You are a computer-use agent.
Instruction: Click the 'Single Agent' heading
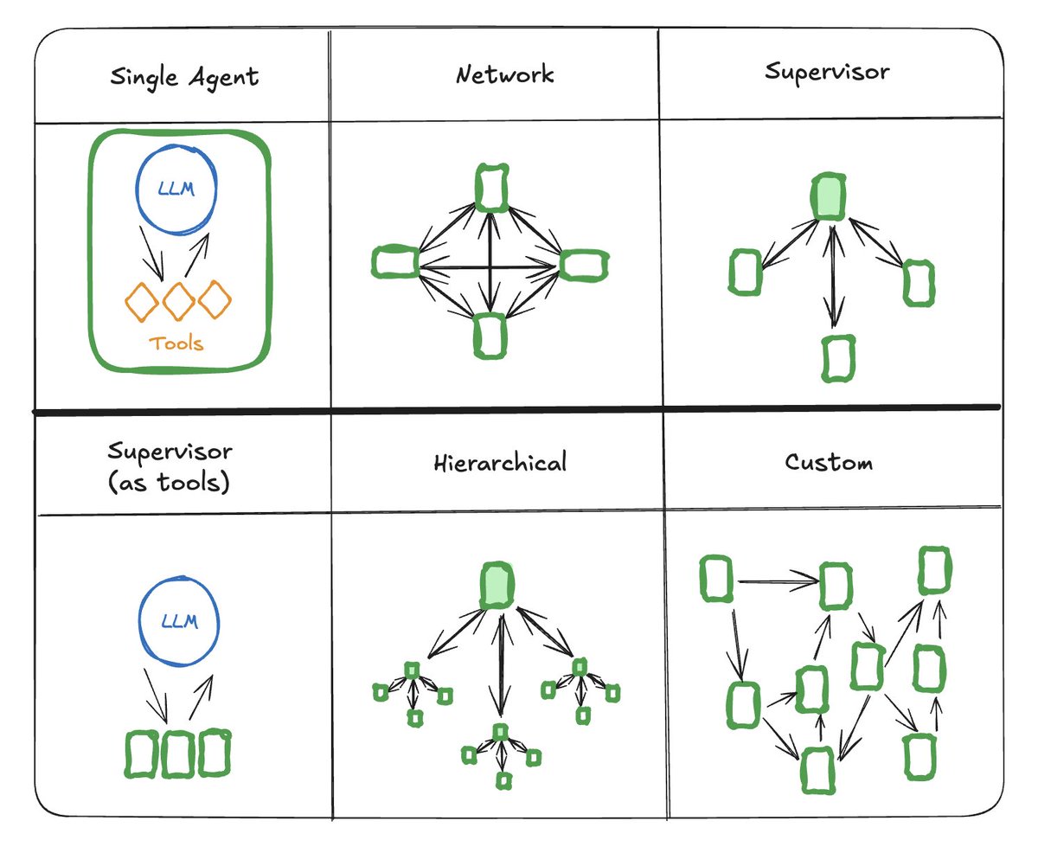coord(183,77)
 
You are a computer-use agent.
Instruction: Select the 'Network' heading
coord(505,74)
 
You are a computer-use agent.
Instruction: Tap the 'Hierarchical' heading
coord(500,463)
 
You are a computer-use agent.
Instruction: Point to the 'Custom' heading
coord(829,462)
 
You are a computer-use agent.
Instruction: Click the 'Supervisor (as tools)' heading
coord(170,467)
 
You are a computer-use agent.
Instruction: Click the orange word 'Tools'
coord(176,343)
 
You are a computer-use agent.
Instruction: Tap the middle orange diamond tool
coord(178,301)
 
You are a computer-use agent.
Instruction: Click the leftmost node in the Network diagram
coord(395,262)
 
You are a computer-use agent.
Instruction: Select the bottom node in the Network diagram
coord(490,337)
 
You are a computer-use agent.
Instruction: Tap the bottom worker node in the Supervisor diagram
coord(835,358)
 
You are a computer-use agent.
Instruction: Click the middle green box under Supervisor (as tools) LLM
coord(178,754)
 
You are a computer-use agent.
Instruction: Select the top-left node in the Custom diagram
coord(716,579)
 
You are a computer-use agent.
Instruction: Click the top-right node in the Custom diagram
coord(933,569)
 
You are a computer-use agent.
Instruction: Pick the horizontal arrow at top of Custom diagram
coord(776,581)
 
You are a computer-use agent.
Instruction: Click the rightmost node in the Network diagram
coord(582,264)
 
